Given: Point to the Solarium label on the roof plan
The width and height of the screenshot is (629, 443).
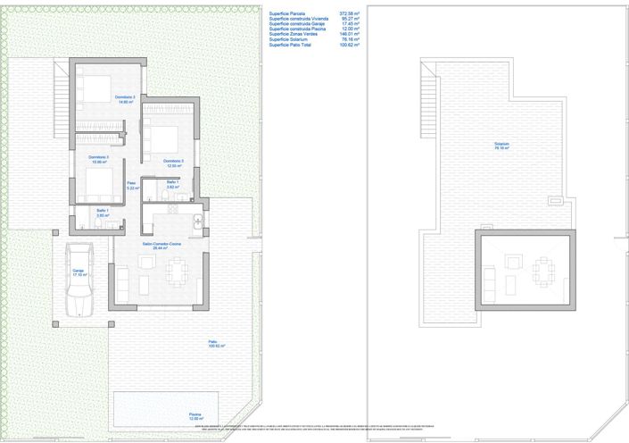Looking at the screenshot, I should pos(504,146).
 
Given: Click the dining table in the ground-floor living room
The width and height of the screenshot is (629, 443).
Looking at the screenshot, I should pos(177,266).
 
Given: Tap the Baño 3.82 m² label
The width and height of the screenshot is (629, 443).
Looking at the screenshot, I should pos(174,185).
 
